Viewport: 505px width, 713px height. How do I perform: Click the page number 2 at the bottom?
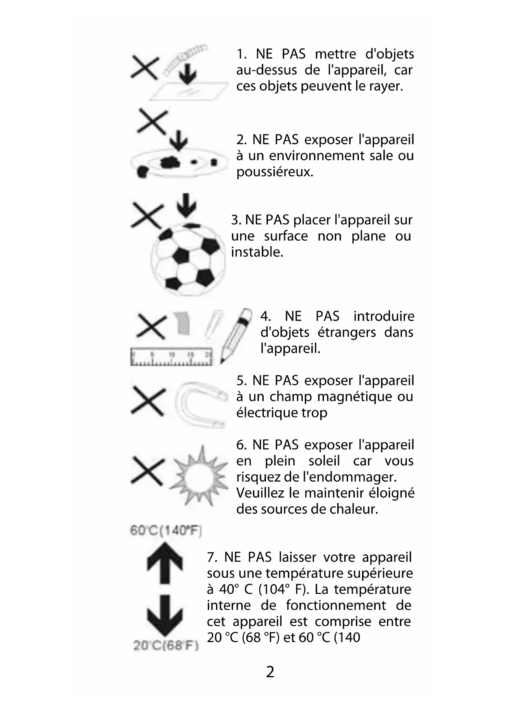coord(270,672)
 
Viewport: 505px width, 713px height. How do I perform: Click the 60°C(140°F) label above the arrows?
coord(166,530)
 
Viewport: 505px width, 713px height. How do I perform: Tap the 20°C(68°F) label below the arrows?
coord(166,646)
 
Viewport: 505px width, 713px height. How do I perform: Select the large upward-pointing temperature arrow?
coord(164,563)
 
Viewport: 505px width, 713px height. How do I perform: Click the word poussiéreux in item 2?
coord(275,172)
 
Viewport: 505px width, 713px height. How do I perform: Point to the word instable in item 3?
coord(257,252)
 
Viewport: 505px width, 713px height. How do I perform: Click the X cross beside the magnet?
coord(148,401)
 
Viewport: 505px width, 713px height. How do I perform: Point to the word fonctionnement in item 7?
coord(336,605)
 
